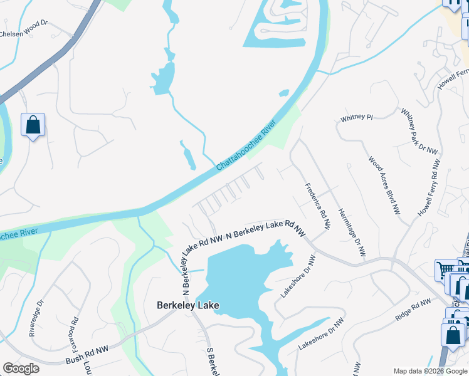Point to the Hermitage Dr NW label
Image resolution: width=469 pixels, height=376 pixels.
tap(351, 232)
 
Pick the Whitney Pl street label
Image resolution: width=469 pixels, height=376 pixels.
tap(357, 117)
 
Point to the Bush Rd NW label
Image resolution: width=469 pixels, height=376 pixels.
tap(87, 355)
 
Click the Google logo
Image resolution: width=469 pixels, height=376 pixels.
tap(20, 368)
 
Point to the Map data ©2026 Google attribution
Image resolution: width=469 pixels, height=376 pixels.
tap(430, 371)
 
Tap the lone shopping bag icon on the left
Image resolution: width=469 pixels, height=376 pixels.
tap(33, 125)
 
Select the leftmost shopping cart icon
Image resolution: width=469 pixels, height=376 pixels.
tap(446, 270)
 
